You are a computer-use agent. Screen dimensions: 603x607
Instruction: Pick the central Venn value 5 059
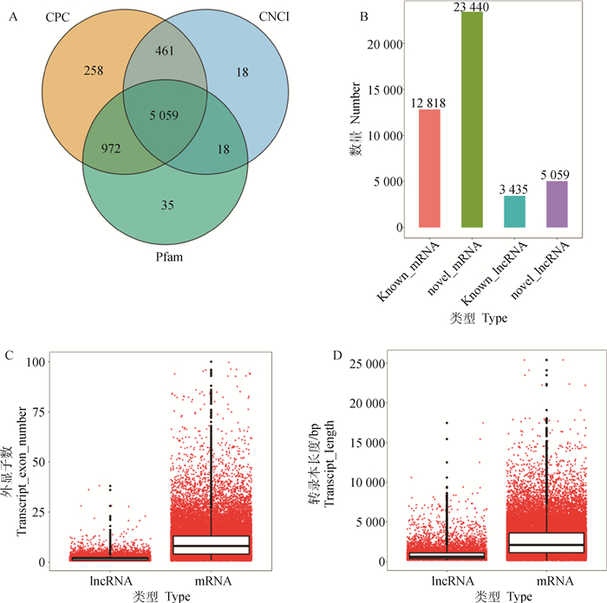[165, 113]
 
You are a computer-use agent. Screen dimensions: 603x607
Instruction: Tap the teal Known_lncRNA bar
[515, 211]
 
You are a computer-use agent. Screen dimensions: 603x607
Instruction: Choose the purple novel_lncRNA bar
[558, 204]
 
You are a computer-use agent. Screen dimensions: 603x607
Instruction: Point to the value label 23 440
[473, 7]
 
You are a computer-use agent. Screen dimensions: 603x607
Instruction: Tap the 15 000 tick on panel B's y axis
[387, 90]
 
